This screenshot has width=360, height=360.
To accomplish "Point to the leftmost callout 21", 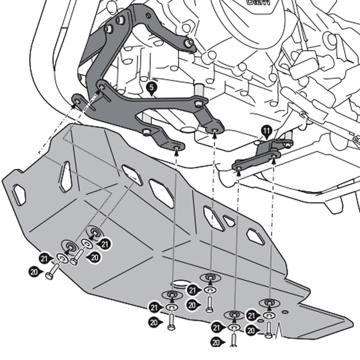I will (44, 258).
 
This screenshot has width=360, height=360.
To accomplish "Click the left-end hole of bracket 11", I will (238, 167).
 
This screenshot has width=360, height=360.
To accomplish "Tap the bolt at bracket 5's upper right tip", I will (190, 42).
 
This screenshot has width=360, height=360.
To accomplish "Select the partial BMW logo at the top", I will (258, 2).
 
